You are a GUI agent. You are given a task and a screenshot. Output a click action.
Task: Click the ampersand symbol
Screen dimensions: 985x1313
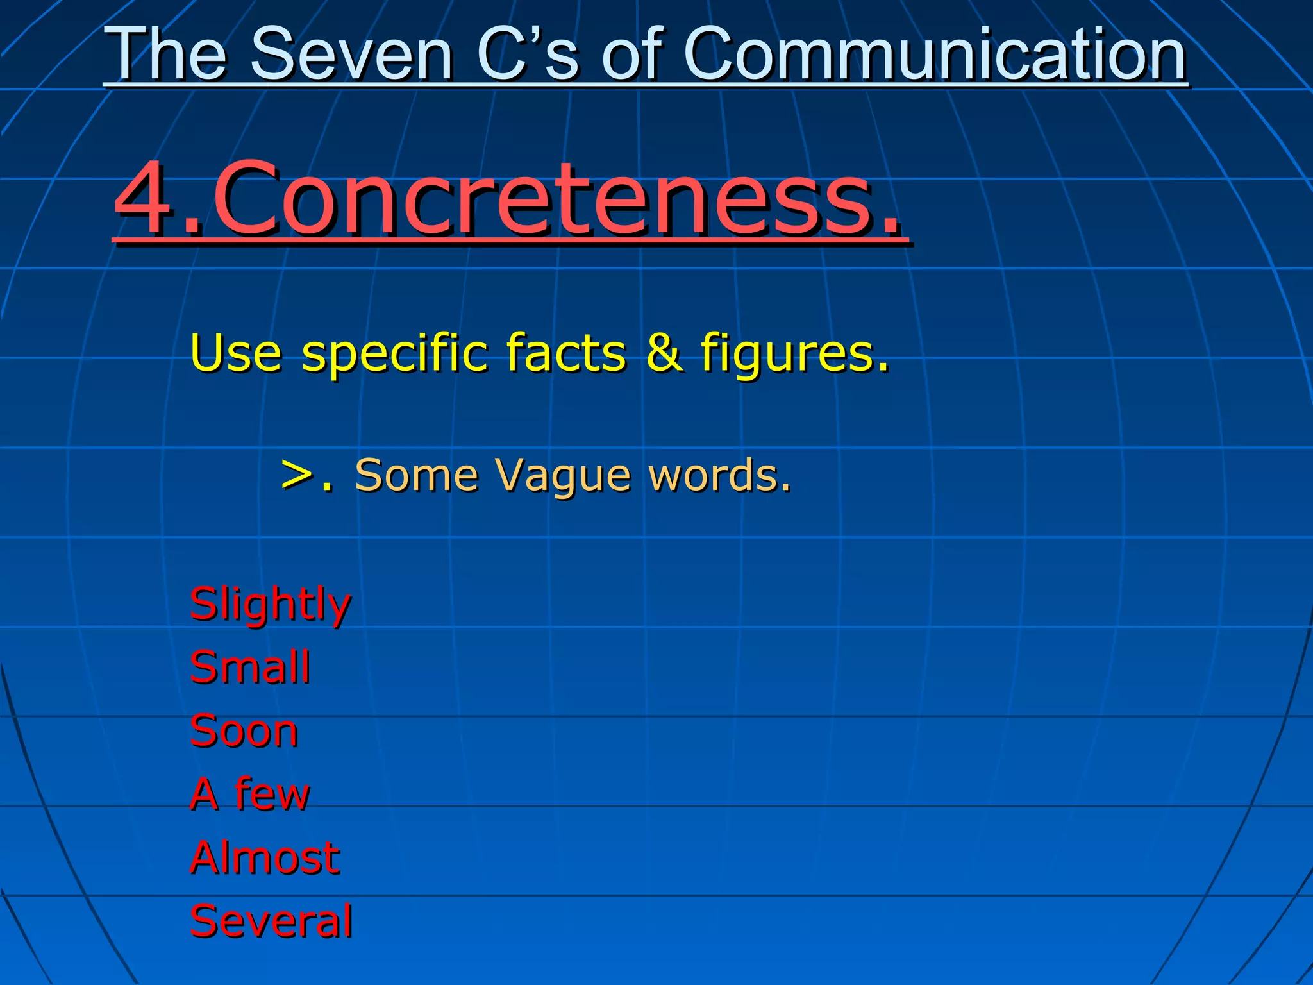coord(663,352)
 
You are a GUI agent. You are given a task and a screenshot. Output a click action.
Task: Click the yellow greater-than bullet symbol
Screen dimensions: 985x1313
coord(297,475)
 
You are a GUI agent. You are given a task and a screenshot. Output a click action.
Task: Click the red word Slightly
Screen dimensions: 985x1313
coord(270,605)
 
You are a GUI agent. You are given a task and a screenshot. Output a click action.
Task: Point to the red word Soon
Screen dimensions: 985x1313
coord(244,730)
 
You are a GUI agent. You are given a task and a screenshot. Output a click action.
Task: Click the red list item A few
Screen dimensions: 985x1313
coord(249,793)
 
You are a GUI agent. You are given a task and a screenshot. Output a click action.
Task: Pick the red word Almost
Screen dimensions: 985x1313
coord(265,857)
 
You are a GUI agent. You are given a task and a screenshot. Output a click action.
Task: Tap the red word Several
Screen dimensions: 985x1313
coord(271,920)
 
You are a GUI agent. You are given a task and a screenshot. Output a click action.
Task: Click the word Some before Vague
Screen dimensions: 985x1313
coord(416,475)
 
